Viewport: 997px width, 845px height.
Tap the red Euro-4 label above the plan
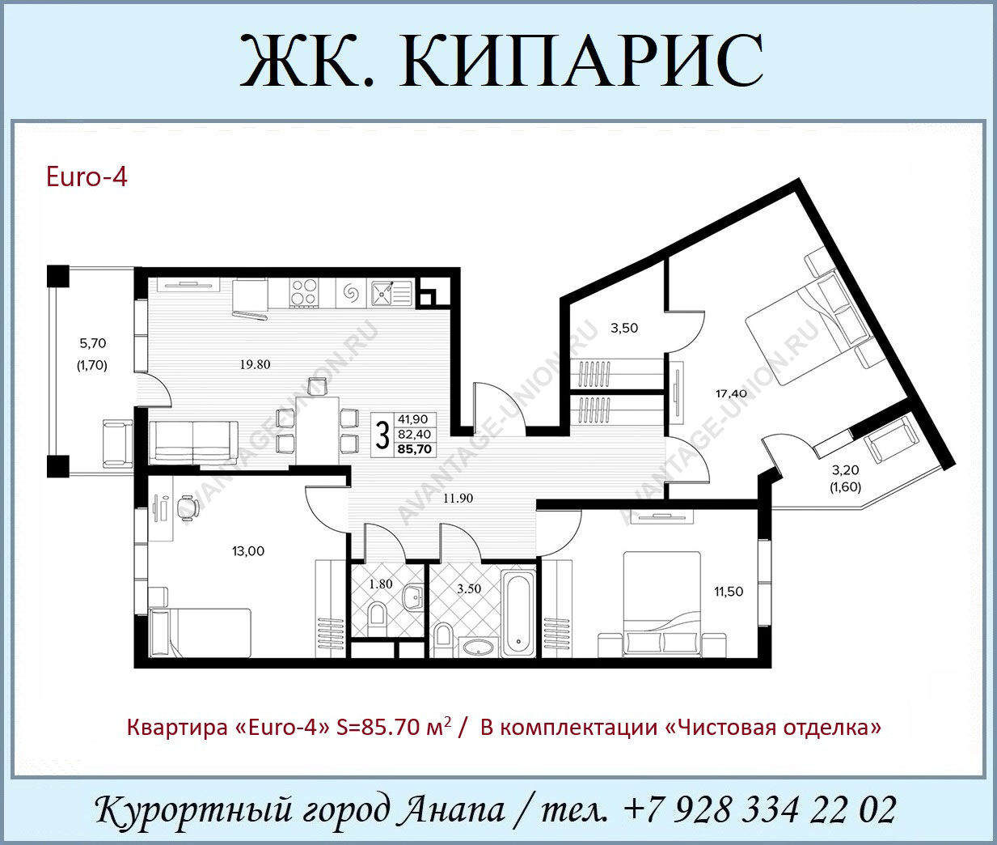tap(87, 176)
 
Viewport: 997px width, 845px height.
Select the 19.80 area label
tap(256, 364)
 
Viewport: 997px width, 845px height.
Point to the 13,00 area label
tap(248, 551)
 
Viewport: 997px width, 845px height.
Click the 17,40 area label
tap(731, 393)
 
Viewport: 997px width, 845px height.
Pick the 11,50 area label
tap(729, 592)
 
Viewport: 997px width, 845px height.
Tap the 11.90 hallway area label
tap(458, 499)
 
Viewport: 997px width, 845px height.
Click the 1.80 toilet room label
tap(381, 584)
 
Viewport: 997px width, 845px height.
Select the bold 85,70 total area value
tap(414, 449)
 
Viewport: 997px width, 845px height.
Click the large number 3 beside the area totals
tap(382, 435)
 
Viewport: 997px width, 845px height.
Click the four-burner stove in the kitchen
tap(304, 294)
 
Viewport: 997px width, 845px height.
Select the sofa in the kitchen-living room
tap(193, 443)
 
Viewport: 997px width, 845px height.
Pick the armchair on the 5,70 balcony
tap(118, 444)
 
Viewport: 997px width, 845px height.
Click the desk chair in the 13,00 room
tap(187, 508)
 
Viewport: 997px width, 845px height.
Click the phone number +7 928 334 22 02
tap(760, 809)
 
